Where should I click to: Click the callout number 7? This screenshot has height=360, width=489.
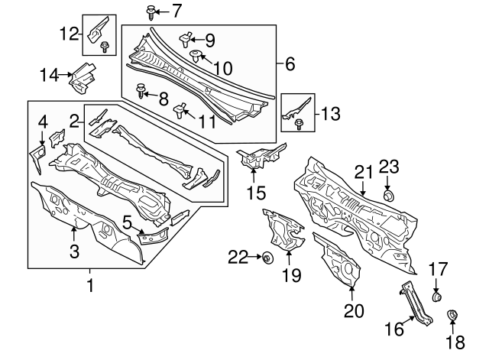tap(176, 11)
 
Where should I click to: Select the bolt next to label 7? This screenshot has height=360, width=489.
tap(150, 11)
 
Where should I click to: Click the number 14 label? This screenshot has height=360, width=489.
tap(49, 73)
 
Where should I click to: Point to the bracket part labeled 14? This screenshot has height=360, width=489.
tap(82, 76)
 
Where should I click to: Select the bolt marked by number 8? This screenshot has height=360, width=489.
tap(142, 92)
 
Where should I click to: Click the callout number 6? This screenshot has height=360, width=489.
tap(290, 65)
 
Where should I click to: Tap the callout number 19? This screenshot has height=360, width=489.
tap(290, 274)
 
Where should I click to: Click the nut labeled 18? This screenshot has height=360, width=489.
tap(451, 314)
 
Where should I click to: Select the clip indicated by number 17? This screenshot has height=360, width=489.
tap(438, 296)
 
